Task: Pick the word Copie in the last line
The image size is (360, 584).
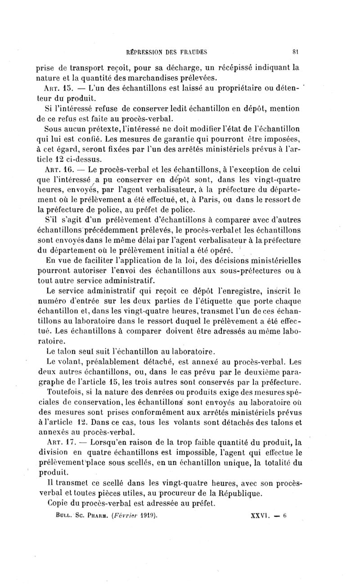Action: (57, 503)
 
